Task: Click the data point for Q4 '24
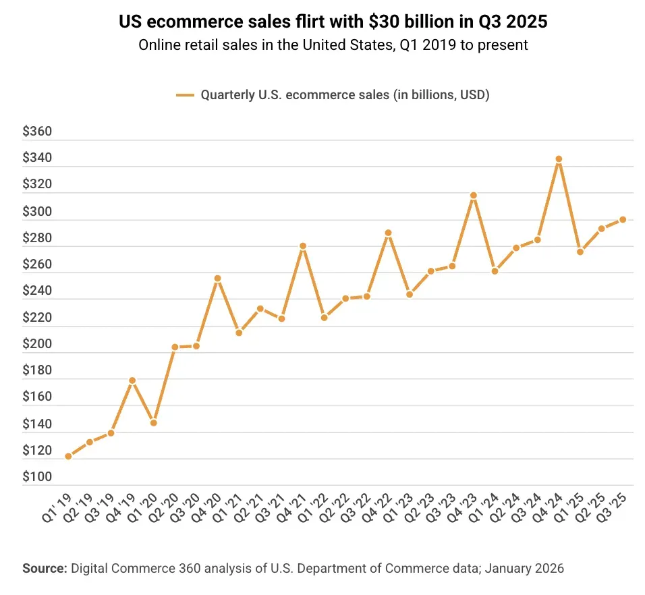click(x=559, y=159)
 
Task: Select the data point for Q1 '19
click(x=68, y=456)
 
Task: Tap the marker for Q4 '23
click(x=474, y=196)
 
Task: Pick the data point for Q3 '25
click(x=623, y=219)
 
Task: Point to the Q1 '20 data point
click(x=153, y=423)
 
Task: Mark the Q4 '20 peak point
click(x=218, y=279)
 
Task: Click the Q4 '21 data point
click(x=303, y=246)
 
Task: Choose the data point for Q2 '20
click(x=175, y=347)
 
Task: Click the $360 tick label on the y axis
click(x=37, y=131)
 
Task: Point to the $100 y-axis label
click(x=37, y=476)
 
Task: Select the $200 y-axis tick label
click(x=37, y=344)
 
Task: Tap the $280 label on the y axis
click(x=37, y=237)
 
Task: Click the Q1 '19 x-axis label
click(x=57, y=508)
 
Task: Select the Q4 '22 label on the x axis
click(x=376, y=508)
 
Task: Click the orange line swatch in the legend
click(x=185, y=95)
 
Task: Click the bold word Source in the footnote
click(x=45, y=568)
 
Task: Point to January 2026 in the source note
click(x=524, y=568)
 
